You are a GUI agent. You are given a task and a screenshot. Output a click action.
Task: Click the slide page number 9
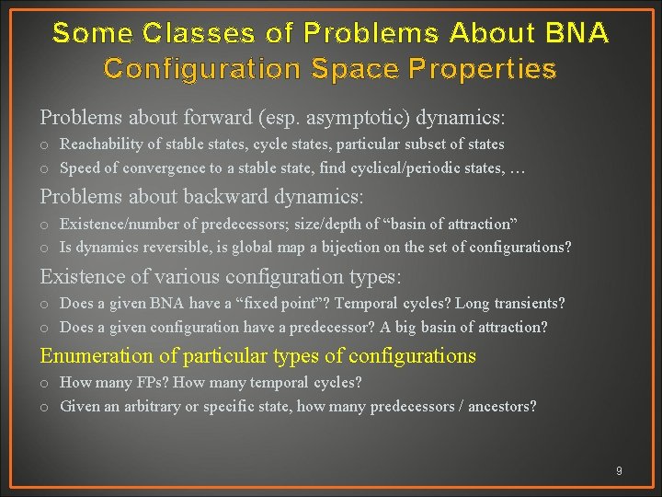[x=619, y=471]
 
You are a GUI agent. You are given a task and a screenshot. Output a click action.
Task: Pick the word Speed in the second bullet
[x=79, y=168]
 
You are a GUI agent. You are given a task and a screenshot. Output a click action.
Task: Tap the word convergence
[x=156, y=168]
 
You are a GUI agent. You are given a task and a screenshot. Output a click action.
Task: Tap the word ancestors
[x=502, y=406]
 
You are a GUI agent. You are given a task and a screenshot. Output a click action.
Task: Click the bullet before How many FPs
[x=44, y=383]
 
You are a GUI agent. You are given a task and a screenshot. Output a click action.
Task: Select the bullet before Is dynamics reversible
[x=44, y=248]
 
